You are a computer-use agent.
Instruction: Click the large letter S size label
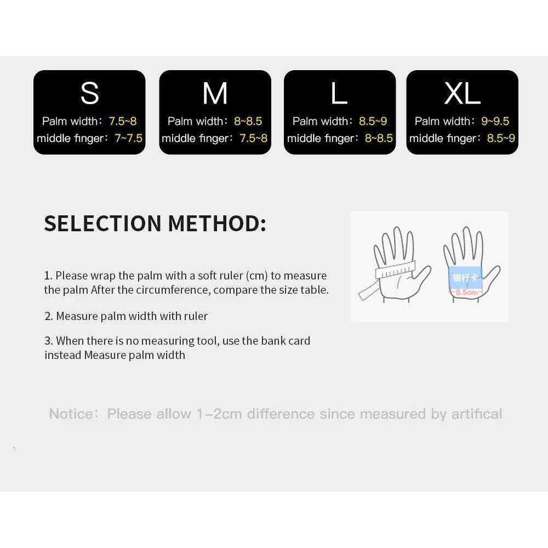(89, 93)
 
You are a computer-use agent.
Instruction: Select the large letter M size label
(215, 93)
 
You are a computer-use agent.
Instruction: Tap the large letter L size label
(339, 93)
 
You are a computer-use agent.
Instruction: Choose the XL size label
(462, 93)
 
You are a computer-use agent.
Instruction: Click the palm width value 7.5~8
(122, 121)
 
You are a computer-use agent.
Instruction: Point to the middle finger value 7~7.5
(128, 138)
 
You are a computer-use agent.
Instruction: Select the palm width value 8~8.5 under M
(248, 121)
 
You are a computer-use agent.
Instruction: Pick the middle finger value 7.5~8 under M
(253, 138)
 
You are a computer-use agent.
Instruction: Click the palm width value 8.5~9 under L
(373, 121)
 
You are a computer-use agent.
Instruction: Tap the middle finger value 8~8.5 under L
(379, 138)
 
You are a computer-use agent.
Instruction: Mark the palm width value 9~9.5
(495, 121)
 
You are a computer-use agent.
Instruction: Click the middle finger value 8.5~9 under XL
(501, 138)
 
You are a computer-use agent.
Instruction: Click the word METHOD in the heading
(216, 224)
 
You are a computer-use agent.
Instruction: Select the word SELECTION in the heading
(102, 224)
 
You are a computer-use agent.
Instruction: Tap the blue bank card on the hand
(465, 277)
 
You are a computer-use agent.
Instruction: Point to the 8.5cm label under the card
(466, 293)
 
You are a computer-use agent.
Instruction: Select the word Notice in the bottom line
(71, 414)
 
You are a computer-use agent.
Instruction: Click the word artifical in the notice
(476, 414)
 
